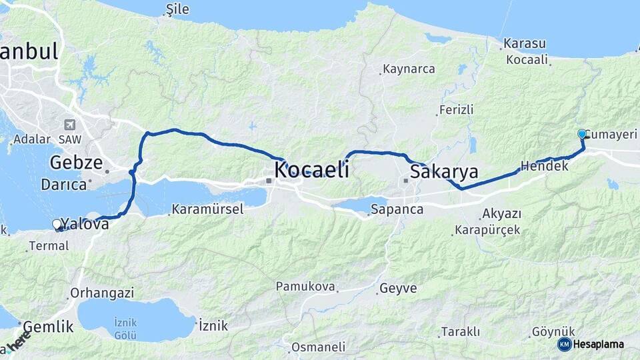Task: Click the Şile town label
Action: click(179, 9)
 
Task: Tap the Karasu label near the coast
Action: click(525, 44)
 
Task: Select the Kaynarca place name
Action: click(409, 69)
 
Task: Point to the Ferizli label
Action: click(457, 110)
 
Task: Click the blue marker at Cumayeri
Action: click(582, 134)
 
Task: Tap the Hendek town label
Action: click(545, 166)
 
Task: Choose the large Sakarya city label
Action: click(444, 172)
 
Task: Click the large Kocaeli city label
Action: click(312, 169)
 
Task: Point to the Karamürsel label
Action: click(207, 209)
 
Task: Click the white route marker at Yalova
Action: click(57, 225)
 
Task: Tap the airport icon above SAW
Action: click(69, 125)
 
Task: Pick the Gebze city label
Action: click(76, 163)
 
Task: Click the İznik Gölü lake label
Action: click(125, 327)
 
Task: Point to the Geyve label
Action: click(398, 289)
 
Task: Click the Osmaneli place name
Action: click(319, 347)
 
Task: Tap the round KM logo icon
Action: click(564, 344)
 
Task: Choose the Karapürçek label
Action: click(487, 231)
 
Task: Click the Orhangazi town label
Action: click(103, 293)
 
